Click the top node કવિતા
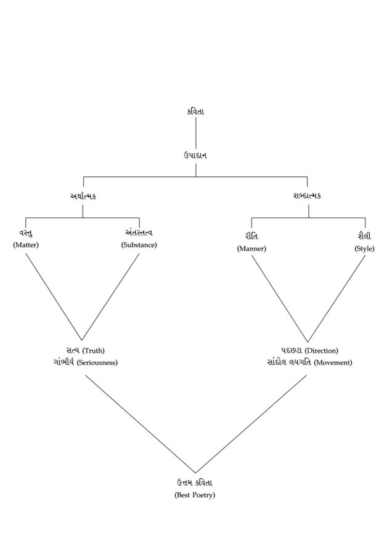196,112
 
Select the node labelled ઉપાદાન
195,155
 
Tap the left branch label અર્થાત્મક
83,196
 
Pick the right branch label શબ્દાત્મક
308,196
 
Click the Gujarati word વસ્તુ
26,233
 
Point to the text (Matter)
26,245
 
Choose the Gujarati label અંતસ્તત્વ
139,233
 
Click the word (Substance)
139,245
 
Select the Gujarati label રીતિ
251,236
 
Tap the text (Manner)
251,248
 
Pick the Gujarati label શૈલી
364,236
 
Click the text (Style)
364,248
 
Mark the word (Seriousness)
97,362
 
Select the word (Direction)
321,351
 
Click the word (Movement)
333,362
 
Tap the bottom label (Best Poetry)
195,495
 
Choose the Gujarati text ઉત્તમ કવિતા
195,483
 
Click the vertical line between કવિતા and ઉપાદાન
196,132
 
